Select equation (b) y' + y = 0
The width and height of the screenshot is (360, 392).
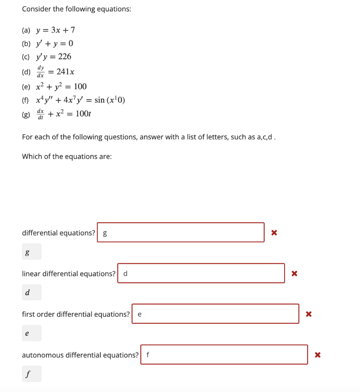click(x=54, y=44)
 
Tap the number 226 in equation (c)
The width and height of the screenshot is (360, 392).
click(x=65, y=57)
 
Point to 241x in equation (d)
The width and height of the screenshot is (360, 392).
click(x=65, y=72)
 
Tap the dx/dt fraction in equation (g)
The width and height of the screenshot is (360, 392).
click(x=40, y=114)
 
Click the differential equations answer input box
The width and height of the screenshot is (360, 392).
click(x=180, y=232)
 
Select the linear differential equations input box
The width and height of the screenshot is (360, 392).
click(x=201, y=273)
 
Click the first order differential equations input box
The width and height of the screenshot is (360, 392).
click(x=215, y=314)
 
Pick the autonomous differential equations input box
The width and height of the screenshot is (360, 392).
click(x=224, y=355)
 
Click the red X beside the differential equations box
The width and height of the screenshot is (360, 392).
click(x=274, y=232)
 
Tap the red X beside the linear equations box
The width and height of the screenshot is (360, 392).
click(x=294, y=273)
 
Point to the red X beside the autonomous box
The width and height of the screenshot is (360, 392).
click(x=317, y=355)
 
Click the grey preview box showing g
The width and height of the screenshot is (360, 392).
click(x=31, y=252)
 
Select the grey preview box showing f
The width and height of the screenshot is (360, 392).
click(x=31, y=374)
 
